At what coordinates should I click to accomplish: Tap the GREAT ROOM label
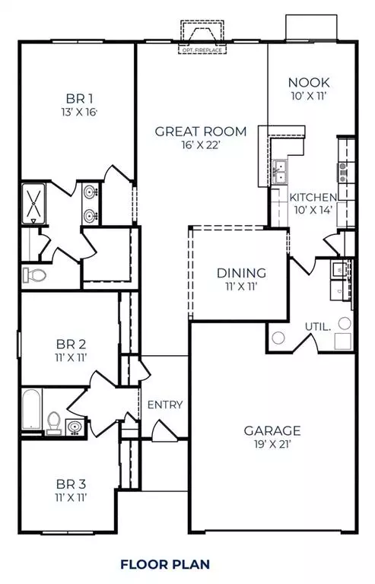click(201, 132)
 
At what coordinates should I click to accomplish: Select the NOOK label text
click(307, 83)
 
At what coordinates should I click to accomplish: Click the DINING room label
click(241, 272)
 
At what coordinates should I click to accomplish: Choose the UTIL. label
click(317, 327)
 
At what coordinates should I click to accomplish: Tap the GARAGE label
click(272, 430)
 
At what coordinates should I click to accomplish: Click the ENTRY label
click(165, 405)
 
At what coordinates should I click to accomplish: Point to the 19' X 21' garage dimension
click(272, 445)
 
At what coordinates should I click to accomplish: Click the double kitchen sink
click(280, 173)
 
